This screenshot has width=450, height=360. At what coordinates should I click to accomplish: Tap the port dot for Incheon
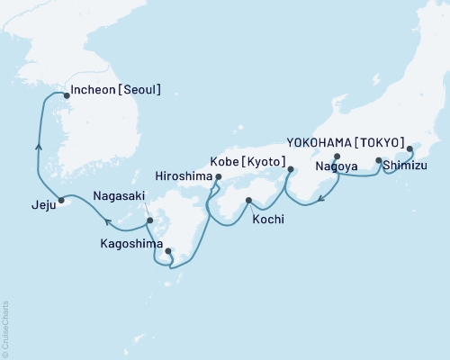pos(64,92)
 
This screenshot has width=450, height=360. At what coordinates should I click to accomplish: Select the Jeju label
pos(31,205)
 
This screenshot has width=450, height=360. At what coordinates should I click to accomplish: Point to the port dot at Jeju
pos(61,200)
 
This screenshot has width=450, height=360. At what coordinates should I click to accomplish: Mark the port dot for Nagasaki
pos(150,220)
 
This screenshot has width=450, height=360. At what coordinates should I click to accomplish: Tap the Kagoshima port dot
pos(168,251)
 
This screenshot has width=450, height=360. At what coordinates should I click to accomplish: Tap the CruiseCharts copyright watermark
pos(5,327)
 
